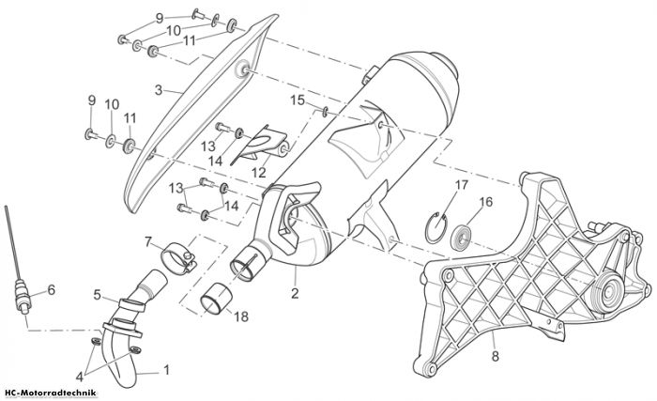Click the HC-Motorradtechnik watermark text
coord(50,393)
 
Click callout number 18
coord(241,316)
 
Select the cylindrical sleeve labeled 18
coord(215,299)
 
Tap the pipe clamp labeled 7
coord(179,257)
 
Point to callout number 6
coord(51,290)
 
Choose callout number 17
coord(462,185)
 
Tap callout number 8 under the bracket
coord(496,357)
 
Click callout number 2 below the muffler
coord(295,293)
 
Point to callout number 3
coord(159,90)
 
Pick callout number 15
coord(298,100)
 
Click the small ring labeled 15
coord(325,111)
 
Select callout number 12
coord(259,172)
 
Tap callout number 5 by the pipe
coord(98,295)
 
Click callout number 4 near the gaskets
coord(80,377)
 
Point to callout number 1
coord(166,370)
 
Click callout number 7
coord(148,242)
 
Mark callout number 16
coord(486,202)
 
